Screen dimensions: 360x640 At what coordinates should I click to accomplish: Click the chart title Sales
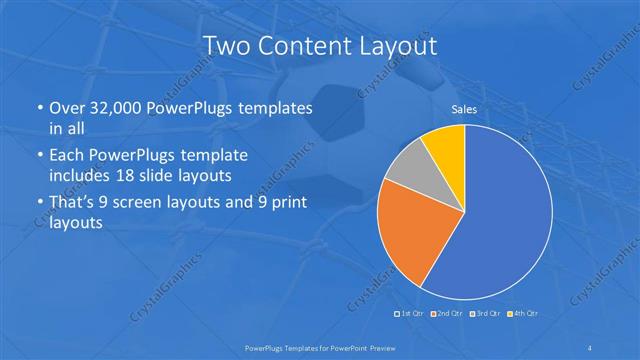click(464, 109)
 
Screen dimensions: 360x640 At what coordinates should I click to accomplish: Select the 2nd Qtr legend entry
click(447, 314)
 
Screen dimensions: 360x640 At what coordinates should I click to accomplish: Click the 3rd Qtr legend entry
click(484, 314)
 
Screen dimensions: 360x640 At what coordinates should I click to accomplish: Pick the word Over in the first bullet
click(64, 108)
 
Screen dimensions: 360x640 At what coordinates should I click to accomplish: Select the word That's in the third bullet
click(72, 204)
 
